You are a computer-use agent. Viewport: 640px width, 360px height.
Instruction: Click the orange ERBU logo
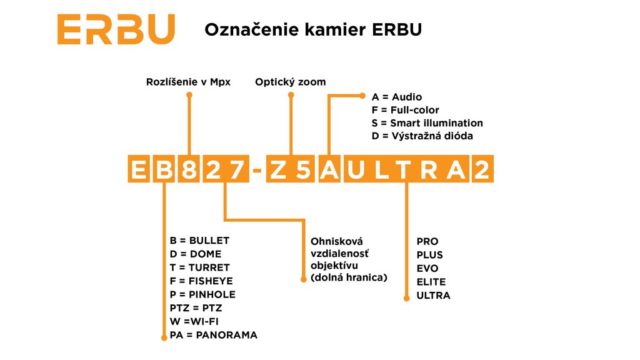click(116, 29)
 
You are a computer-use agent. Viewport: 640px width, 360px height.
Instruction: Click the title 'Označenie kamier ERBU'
click(313, 30)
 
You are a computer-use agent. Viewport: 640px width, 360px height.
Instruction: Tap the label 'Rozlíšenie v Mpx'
click(188, 82)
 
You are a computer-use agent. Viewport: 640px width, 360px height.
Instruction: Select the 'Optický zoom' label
click(291, 82)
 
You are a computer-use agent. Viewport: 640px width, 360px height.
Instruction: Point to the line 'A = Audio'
click(397, 97)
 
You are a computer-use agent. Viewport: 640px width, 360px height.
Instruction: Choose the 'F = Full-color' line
click(405, 110)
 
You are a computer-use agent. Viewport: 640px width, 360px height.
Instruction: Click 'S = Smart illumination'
click(427, 123)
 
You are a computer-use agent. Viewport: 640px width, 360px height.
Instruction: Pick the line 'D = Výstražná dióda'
click(422, 136)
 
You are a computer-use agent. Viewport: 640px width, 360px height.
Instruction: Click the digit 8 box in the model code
click(189, 169)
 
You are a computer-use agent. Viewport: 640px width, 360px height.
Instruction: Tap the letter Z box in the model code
click(278, 169)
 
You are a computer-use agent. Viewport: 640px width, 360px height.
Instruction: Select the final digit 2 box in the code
click(482, 169)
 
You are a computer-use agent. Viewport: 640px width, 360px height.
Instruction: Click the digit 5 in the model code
click(302, 169)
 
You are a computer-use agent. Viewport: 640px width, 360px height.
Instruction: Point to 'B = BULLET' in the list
click(199, 241)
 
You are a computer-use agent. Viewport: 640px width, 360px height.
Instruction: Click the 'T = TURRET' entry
click(199, 267)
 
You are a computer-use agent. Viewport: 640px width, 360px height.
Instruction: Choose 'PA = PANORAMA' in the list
click(214, 335)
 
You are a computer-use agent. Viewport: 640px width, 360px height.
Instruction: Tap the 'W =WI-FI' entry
click(194, 322)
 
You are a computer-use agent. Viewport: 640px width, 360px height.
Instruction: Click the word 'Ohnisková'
click(337, 241)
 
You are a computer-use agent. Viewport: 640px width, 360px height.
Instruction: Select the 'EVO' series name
click(427, 268)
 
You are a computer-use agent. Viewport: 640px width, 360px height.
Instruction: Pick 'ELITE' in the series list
click(431, 282)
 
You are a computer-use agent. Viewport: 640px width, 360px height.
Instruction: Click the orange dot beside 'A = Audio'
click(362, 96)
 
